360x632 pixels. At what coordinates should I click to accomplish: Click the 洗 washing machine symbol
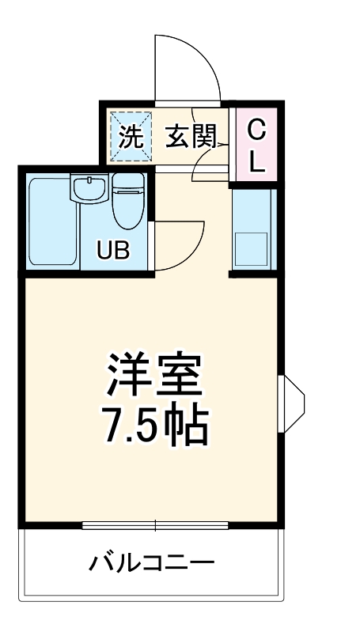[x=131, y=137]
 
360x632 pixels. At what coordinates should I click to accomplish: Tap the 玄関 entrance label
[x=191, y=137]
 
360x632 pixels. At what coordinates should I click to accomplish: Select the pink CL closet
[x=256, y=144]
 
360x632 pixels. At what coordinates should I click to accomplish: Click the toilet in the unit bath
[x=128, y=201]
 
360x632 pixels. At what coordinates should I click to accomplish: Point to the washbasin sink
[x=89, y=187]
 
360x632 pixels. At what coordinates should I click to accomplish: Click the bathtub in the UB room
[x=53, y=221]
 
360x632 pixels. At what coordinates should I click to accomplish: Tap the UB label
[x=113, y=250]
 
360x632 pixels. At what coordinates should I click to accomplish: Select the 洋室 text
[x=154, y=375]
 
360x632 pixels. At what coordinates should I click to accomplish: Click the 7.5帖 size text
[x=156, y=426]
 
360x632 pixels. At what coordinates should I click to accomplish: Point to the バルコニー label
[x=152, y=562]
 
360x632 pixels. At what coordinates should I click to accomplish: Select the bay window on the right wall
[x=291, y=404]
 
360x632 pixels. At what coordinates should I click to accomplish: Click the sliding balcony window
[x=155, y=525]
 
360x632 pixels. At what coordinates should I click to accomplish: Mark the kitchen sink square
[x=251, y=249]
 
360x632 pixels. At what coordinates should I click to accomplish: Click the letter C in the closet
[x=256, y=131]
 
